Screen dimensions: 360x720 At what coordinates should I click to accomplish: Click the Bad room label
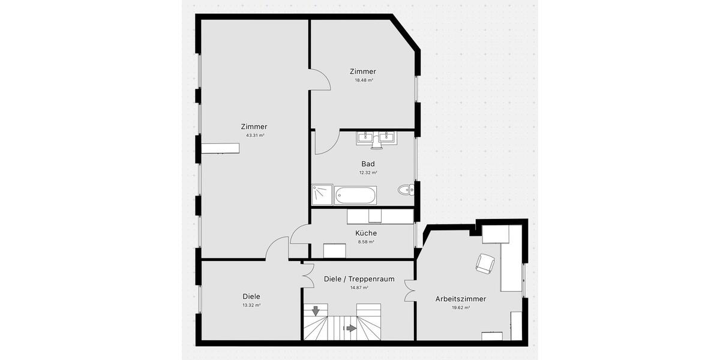[368, 164]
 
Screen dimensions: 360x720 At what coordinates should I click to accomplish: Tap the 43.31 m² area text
[254, 136]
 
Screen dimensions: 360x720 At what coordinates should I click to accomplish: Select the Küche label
[366, 233]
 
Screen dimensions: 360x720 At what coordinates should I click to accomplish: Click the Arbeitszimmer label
[461, 298]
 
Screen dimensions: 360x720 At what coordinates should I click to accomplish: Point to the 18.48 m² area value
[363, 80]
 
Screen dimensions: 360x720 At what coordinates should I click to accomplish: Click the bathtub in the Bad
[356, 194]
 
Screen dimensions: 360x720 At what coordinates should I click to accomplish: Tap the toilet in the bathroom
[406, 190]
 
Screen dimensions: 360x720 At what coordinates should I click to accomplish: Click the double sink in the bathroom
[375, 139]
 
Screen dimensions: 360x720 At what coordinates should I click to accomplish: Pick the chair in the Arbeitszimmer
[485, 263]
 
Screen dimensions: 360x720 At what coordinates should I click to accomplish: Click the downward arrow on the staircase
[316, 310]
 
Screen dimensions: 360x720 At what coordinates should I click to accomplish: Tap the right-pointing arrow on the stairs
[350, 328]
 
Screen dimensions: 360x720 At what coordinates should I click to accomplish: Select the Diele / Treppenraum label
[359, 279]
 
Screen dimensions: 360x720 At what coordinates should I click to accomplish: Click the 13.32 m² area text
[251, 305]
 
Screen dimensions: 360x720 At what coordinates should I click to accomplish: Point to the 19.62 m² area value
[461, 307]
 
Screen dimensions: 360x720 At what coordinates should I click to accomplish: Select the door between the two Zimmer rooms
[320, 79]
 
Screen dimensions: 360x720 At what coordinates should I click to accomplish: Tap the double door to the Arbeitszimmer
[410, 291]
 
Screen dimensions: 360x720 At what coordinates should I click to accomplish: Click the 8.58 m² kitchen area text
[366, 242]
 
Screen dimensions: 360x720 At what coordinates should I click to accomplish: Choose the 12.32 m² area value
[368, 173]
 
